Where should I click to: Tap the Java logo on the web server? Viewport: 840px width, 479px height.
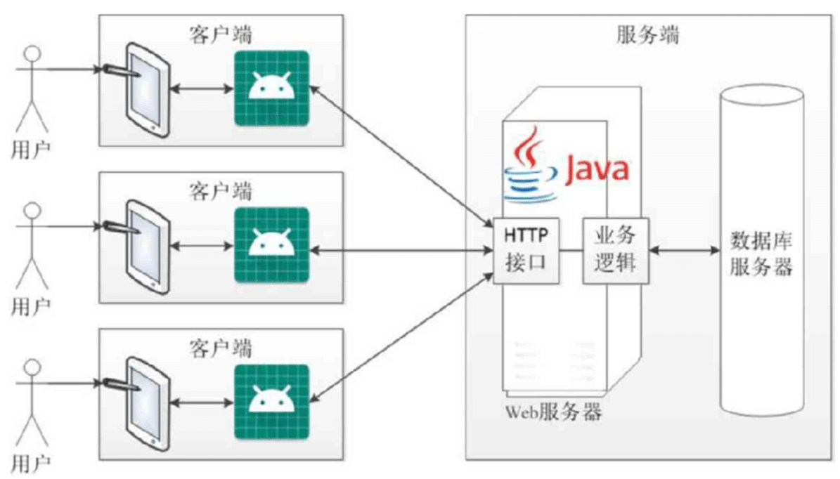click(566, 165)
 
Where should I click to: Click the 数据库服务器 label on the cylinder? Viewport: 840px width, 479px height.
click(761, 254)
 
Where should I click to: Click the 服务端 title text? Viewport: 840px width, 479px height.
click(647, 35)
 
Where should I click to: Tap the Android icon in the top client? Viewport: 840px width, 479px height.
click(271, 88)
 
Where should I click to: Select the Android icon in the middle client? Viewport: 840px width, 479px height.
click(271, 245)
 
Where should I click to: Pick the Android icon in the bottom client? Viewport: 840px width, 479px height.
click(271, 402)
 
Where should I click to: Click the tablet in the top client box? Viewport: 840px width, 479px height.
click(146, 91)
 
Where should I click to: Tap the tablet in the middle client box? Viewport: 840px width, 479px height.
click(146, 247)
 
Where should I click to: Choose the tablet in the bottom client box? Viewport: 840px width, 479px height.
click(146, 405)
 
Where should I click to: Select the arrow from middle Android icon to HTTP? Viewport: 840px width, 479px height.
click(401, 250)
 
